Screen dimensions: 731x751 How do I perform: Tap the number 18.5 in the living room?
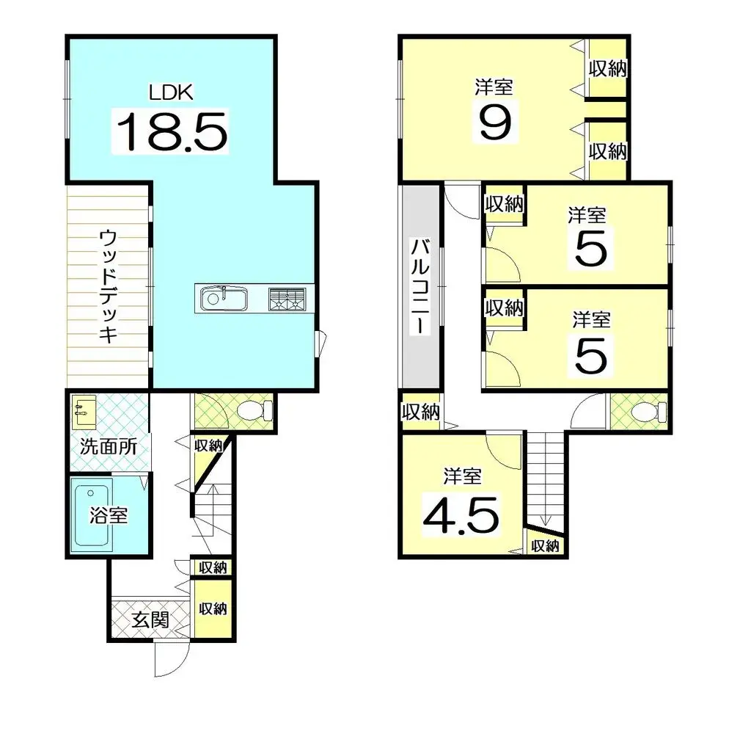click(170, 131)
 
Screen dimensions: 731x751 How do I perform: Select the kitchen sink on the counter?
click(222, 299)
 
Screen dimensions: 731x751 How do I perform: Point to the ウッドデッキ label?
click(108, 286)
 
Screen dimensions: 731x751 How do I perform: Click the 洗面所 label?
click(108, 446)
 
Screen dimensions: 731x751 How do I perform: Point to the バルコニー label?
click(419, 286)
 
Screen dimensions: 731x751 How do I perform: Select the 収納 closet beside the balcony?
click(420, 412)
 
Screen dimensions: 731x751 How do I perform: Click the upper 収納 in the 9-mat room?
click(607, 69)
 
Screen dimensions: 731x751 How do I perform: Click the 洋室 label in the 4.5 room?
click(462, 476)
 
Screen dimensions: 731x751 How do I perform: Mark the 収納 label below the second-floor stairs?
click(545, 546)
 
